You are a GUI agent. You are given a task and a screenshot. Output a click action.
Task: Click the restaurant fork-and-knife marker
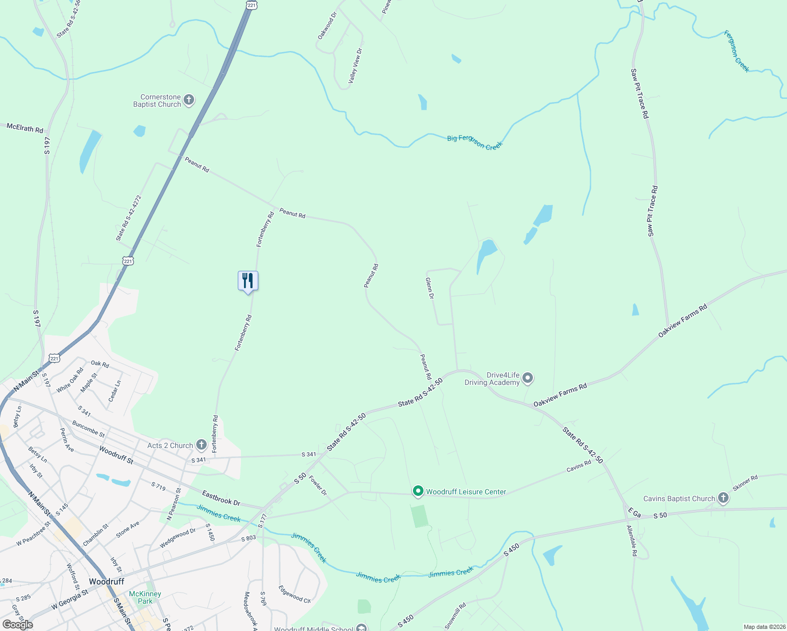(248, 281)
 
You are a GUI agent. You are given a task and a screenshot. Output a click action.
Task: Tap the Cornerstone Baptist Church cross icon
(189, 100)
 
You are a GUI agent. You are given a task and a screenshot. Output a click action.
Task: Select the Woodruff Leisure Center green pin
(418, 491)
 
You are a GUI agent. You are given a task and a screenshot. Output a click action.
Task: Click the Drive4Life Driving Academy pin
(528, 378)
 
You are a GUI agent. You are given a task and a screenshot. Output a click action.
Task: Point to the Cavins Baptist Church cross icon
(723, 498)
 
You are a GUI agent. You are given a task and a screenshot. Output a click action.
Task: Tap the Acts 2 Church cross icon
(201, 445)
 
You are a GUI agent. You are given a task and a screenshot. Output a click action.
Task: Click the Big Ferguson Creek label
(475, 142)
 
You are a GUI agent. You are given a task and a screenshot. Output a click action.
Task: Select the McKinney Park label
(145, 597)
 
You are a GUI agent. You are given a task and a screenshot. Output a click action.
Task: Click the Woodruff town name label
(106, 582)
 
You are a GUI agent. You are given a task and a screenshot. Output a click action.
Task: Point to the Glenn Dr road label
(430, 289)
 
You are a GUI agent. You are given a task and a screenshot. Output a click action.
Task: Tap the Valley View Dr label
(356, 66)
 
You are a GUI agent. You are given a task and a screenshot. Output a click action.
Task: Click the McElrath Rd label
(25, 128)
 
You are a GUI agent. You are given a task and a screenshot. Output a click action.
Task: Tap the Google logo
(18, 624)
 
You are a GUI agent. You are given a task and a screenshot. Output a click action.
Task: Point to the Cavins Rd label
(579, 466)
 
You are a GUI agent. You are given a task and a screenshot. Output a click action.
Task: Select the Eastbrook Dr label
(221, 498)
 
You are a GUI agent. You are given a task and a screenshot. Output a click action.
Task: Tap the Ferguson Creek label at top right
(736, 51)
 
